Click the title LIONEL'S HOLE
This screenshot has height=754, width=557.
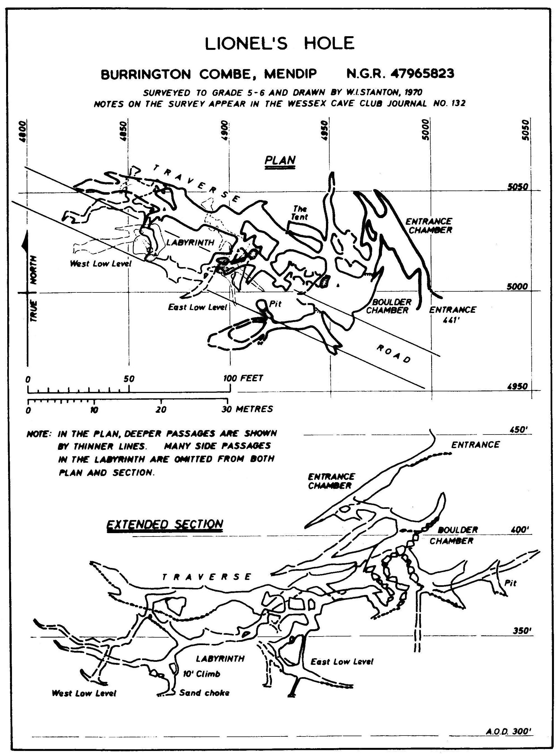point(279,43)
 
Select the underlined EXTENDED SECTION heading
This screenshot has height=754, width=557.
point(165,524)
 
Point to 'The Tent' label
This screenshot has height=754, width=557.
point(300,213)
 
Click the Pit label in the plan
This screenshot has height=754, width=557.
point(275,304)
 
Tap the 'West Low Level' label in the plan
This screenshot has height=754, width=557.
point(100,264)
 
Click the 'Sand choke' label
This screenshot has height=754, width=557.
point(204,693)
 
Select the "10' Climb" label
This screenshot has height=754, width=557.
point(201,674)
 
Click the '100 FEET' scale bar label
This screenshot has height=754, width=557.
point(243,378)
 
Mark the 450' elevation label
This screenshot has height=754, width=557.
point(520,430)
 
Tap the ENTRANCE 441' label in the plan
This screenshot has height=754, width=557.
point(452,314)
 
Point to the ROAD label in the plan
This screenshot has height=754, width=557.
point(394,354)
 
